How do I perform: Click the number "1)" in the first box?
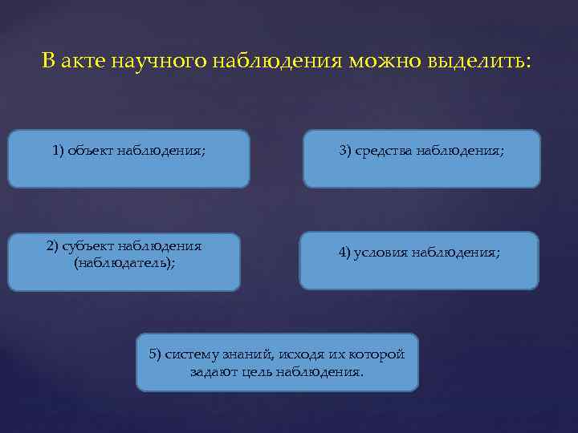coord(59,150)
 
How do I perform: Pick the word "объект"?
coord(92,150)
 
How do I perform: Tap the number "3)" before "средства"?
coord(345,150)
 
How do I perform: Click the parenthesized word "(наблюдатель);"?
coord(124,262)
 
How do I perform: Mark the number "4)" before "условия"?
coord(346,253)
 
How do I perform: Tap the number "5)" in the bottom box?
coord(156,355)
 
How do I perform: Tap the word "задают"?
coord(210,372)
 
